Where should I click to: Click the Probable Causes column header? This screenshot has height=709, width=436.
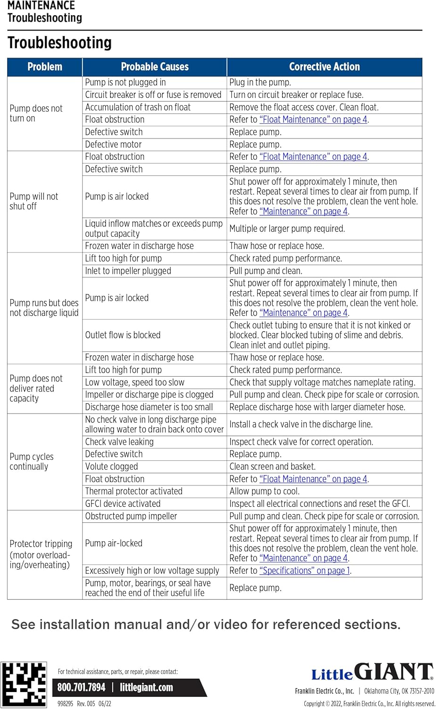click(x=154, y=67)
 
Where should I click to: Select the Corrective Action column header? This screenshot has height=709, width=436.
click(x=324, y=67)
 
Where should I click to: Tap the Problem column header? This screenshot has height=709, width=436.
click(x=45, y=67)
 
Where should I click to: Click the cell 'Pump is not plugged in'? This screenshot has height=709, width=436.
click(x=126, y=82)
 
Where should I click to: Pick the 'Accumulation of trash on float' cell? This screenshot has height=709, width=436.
click(x=138, y=107)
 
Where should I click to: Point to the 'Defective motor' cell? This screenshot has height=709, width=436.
click(x=113, y=145)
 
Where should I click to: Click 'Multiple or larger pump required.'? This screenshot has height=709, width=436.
click(x=287, y=229)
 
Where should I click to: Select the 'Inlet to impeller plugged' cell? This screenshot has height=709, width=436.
click(x=128, y=271)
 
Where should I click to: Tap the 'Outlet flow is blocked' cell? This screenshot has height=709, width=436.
click(x=123, y=335)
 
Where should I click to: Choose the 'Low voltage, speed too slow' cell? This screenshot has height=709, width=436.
click(x=134, y=382)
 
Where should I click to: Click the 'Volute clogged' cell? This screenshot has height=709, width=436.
click(x=111, y=467)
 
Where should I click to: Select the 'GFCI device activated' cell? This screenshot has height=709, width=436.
click(x=123, y=504)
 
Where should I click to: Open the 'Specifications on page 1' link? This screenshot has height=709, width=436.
click(x=304, y=571)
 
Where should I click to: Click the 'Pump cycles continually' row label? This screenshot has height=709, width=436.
click(x=32, y=462)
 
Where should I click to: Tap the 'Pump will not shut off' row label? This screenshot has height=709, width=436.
click(x=34, y=201)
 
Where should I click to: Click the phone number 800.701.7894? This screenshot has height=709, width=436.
click(x=81, y=687)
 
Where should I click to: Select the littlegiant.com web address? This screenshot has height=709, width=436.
click(x=146, y=687)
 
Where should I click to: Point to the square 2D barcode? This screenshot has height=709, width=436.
click(x=24, y=684)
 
